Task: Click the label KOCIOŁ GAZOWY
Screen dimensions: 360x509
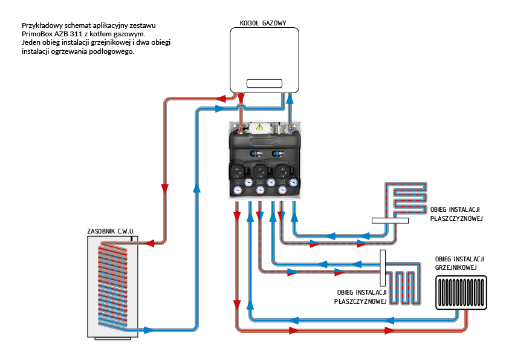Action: pos(259,23)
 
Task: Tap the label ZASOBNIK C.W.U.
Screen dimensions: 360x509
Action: pos(111,231)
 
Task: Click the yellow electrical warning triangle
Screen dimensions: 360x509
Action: pos(260,126)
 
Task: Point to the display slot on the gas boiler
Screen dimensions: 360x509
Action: pos(265,83)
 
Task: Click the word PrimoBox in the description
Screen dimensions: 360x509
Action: pos(37,34)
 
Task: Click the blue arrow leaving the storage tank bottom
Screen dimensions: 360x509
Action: pos(147,330)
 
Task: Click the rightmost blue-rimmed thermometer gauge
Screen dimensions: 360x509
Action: pos(293,180)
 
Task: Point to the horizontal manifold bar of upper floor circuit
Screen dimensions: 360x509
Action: pos(391,221)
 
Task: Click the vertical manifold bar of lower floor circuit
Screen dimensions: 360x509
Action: pos(383,268)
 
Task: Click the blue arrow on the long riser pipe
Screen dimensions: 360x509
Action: pos(196,188)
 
